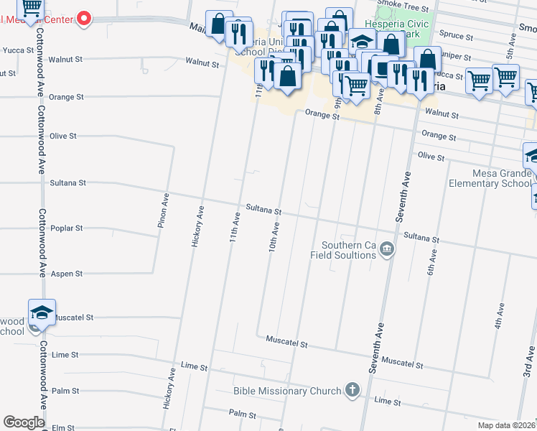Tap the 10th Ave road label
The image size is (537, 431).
point(274,235)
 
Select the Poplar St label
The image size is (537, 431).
point(67,228)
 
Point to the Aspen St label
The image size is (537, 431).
point(67,274)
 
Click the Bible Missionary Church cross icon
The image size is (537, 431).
point(352,391)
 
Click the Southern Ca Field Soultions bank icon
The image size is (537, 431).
point(387,249)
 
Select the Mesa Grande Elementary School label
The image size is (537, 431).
point(491,178)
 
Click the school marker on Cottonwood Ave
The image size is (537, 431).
point(42,312)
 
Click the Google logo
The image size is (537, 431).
point(23,422)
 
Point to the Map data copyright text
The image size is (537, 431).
point(507,425)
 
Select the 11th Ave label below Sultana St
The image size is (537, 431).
point(234,226)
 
